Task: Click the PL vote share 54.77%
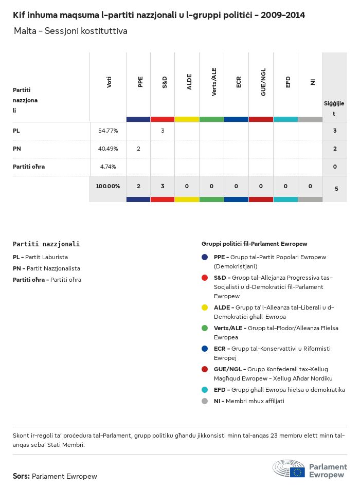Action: (108, 131)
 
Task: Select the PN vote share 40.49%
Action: (108, 149)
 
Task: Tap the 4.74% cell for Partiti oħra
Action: (108, 167)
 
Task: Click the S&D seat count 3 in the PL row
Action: (163, 131)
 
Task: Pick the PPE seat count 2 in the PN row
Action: (138, 149)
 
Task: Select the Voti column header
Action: (109, 82)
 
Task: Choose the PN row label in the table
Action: (16, 149)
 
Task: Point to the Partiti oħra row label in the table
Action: (29, 167)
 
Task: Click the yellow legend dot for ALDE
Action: (205, 307)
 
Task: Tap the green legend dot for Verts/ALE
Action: (205, 328)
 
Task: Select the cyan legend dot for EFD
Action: (205, 390)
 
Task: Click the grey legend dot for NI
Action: (205, 401)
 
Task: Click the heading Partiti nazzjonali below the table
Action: (46, 244)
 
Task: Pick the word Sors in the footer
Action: (21, 476)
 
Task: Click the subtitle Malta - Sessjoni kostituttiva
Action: (70, 31)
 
